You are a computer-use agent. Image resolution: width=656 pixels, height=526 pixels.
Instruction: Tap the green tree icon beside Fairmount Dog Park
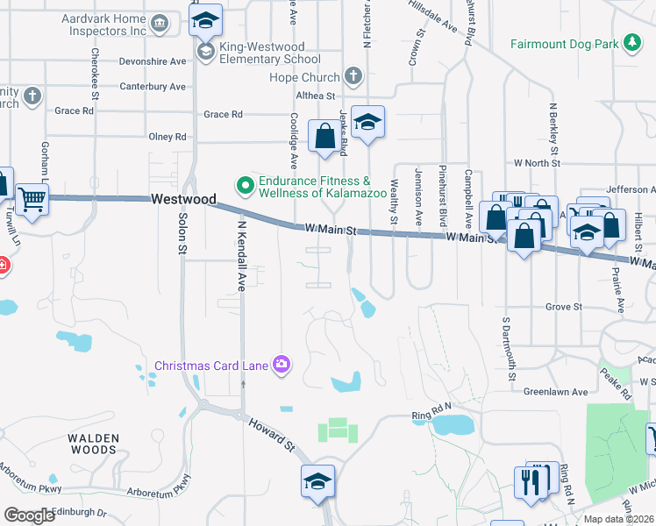click(x=631, y=43)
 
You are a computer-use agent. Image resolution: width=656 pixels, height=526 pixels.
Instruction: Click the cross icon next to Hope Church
click(x=353, y=76)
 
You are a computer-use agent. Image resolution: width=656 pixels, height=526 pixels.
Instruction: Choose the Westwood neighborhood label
click(x=183, y=199)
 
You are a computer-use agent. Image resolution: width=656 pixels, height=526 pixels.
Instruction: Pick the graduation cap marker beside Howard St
click(x=317, y=481)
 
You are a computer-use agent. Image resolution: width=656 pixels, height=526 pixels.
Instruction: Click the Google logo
click(x=29, y=515)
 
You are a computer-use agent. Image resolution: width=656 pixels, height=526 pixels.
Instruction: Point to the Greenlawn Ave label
click(x=555, y=392)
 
